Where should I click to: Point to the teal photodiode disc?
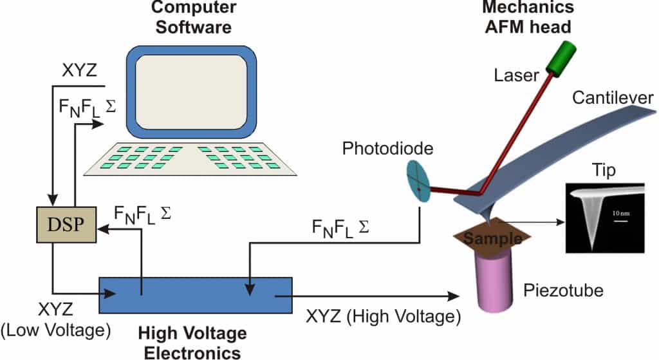[420, 182]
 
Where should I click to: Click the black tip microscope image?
[604, 217]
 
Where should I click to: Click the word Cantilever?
[612, 99]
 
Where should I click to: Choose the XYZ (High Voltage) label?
[384, 316]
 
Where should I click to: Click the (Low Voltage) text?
[56, 330]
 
